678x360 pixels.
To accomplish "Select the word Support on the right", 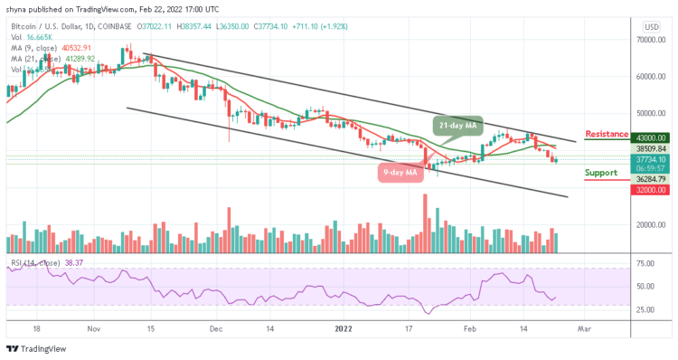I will pyautogui.click(x=601, y=172).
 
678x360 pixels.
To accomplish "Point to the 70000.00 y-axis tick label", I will pyautogui.click(x=650, y=41).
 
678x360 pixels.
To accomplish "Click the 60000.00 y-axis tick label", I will pyautogui.click(x=650, y=77).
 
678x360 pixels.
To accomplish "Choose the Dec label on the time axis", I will pyautogui.click(x=214, y=331).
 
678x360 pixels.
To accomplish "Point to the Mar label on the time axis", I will pyautogui.click(x=584, y=331).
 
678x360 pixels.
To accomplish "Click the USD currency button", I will pyautogui.click(x=650, y=27).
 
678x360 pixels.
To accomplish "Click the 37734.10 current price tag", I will pyautogui.click(x=650, y=159).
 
